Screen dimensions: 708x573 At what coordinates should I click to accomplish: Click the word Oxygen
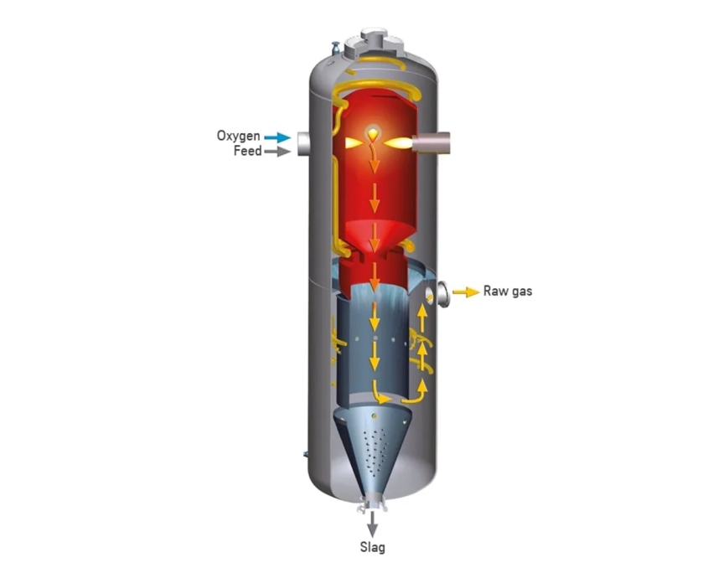[238, 137]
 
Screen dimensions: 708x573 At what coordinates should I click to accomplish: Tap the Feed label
[247, 151]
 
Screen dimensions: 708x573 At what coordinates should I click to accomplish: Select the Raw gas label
[508, 291]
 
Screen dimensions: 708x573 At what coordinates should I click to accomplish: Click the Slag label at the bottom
[373, 547]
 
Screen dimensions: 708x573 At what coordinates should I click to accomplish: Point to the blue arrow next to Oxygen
[277, 137]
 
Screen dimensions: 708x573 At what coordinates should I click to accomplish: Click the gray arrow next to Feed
[277, 152]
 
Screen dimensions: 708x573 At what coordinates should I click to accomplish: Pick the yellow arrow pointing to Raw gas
[466, 292]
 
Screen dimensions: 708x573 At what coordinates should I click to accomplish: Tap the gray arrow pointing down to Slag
[372, 524]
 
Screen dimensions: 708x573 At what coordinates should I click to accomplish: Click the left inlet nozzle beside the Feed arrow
[303, 144]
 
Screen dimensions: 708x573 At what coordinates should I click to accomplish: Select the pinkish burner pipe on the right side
[432, 142]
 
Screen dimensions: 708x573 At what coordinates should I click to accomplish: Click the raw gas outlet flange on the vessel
[443, 294]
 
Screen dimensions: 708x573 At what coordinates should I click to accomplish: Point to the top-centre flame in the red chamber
[373, 134]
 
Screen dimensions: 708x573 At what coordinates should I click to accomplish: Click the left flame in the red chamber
[354, 143]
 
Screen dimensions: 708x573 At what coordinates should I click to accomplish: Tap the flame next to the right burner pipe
[398, 143]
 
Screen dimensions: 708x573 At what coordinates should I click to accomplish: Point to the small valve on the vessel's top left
[335, 48]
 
